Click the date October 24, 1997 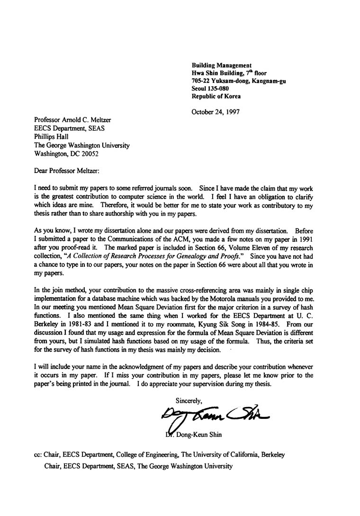point(216,112)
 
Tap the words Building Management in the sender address point(221,65)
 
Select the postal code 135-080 point(218,89)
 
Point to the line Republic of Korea point(216,96)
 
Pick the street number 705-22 point(200,81)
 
